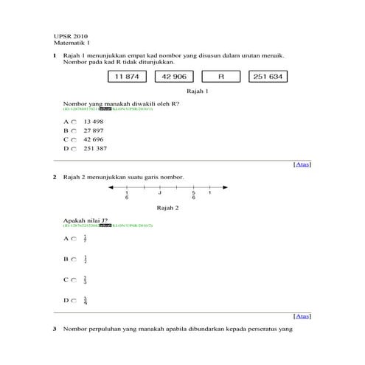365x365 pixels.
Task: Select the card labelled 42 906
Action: tap(174, 77)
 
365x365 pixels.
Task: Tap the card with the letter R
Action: tap(220, 77)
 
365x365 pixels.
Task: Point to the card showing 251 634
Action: tap(267, 77)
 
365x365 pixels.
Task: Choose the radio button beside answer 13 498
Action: tap(74, 121)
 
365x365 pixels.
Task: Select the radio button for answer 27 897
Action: tap(74, 130)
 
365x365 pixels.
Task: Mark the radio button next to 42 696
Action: tap(74, 139)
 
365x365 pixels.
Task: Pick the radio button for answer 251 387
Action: tap(74, 148)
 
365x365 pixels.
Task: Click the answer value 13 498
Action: tap(94, 121)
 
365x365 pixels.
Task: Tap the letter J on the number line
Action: tap(159, 193)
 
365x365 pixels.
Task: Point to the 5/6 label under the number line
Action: tap(193, 195)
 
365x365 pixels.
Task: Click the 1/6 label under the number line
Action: tap(127, 195)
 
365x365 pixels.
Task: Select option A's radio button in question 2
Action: tap(74, 239)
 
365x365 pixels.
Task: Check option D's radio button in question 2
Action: tap(74, 300)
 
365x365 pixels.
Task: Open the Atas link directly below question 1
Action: tap(302, 164)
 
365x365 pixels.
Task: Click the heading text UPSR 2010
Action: tap(70, 36)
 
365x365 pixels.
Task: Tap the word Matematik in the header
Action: tap(68, 44)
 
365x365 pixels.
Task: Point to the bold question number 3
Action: tap(55, 328)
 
